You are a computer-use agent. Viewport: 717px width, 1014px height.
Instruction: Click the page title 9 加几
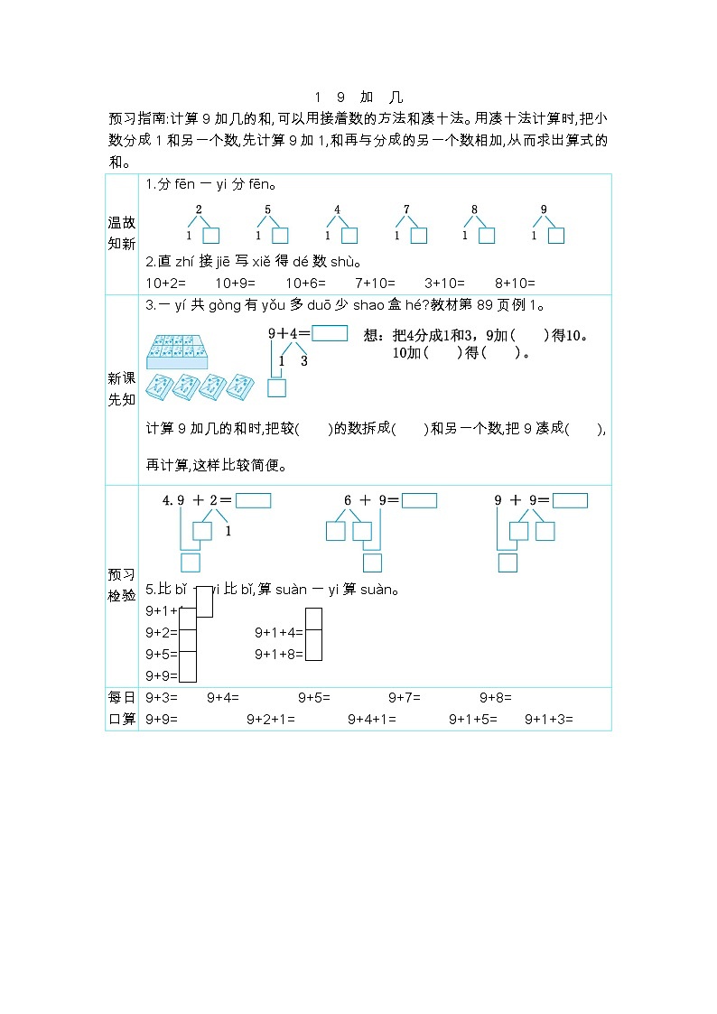(x=358, y=98)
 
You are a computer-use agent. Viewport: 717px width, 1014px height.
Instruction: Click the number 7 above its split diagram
(x=406, y=209)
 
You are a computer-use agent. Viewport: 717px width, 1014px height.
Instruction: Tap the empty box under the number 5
(x=280, y=236)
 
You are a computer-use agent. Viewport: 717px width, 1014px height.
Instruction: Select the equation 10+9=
(x=216, y=282)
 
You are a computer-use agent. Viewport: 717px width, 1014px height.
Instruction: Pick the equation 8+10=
(x=516, y=282)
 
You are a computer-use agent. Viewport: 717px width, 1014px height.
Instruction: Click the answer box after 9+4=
(x=330, y=332)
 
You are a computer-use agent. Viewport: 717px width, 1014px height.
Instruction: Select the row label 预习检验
(x=121, y=585)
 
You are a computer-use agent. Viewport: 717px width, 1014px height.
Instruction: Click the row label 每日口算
(x=121, y=709)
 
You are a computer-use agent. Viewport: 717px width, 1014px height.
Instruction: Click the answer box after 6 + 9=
(x=419, y=500)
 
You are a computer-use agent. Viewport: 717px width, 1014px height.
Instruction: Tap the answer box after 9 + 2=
(x=253, y=500)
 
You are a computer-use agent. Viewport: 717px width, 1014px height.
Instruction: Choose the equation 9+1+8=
(x=279, y=655)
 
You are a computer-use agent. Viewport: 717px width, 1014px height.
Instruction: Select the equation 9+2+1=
(x=271, y=720)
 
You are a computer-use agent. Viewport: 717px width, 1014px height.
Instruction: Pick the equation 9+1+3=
(x=549, y=720)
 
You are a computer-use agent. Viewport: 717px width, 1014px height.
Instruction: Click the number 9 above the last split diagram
(x=544, y=209)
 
